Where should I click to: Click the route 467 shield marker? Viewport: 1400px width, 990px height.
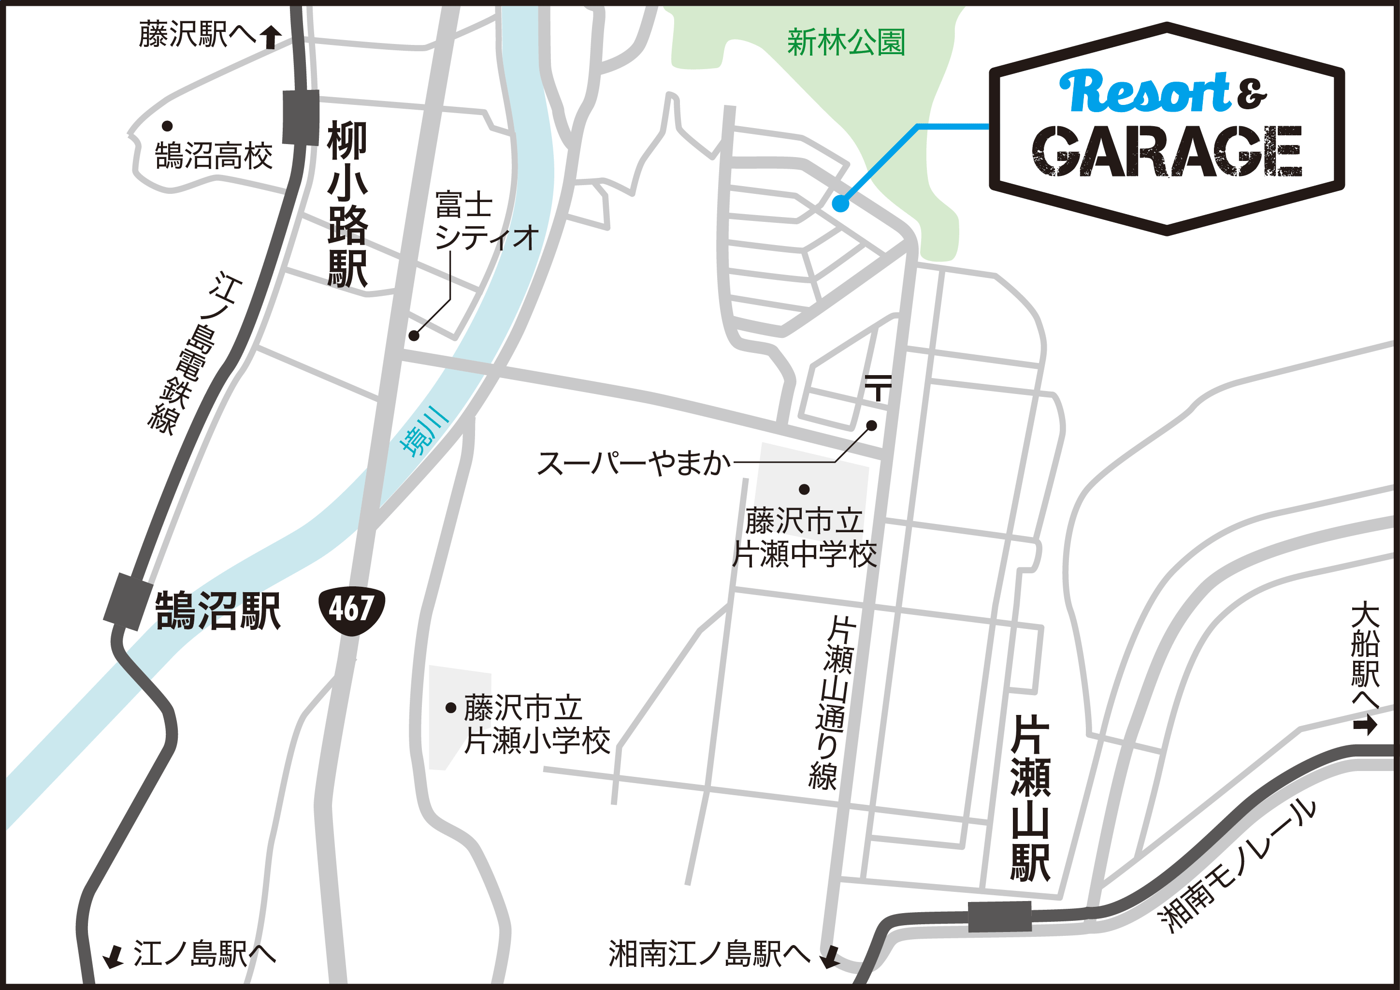click(x=351, y=610)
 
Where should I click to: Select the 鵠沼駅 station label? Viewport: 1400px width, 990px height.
click(x=217, y=611)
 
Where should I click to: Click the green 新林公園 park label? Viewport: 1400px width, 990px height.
click(x=846, y=43)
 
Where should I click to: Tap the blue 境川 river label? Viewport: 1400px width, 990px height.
click(x=424, y=430)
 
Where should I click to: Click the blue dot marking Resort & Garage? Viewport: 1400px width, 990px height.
click(x=840, y=204)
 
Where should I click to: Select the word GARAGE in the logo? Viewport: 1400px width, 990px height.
click(x=1167, y=151)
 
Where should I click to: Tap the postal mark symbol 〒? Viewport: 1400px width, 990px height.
click(x=878, y=387)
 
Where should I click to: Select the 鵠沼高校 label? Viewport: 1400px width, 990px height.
click(x=214, y=156)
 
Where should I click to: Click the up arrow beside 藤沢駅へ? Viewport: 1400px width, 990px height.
click(x=271, y=37)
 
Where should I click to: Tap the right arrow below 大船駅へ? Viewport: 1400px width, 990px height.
click(x=1365, y=726)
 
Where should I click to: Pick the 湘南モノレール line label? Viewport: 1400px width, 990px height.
click(x=1237, y=866)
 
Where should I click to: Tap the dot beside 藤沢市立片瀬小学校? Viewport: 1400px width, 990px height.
click(x=451, y=708)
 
